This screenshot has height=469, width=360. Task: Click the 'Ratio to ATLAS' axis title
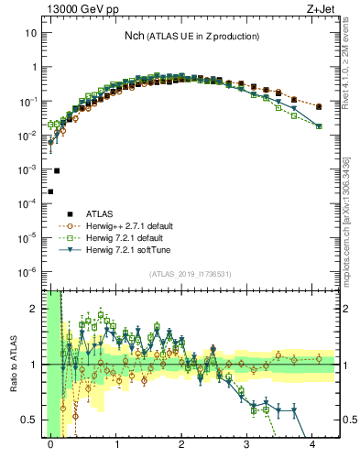pyautogui.click(x=14, y=364)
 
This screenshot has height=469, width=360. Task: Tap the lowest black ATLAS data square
pyautogui.click(x=50, y=191)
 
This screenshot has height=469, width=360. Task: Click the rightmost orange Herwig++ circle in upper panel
pyautogui.click(x=319, y=107)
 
